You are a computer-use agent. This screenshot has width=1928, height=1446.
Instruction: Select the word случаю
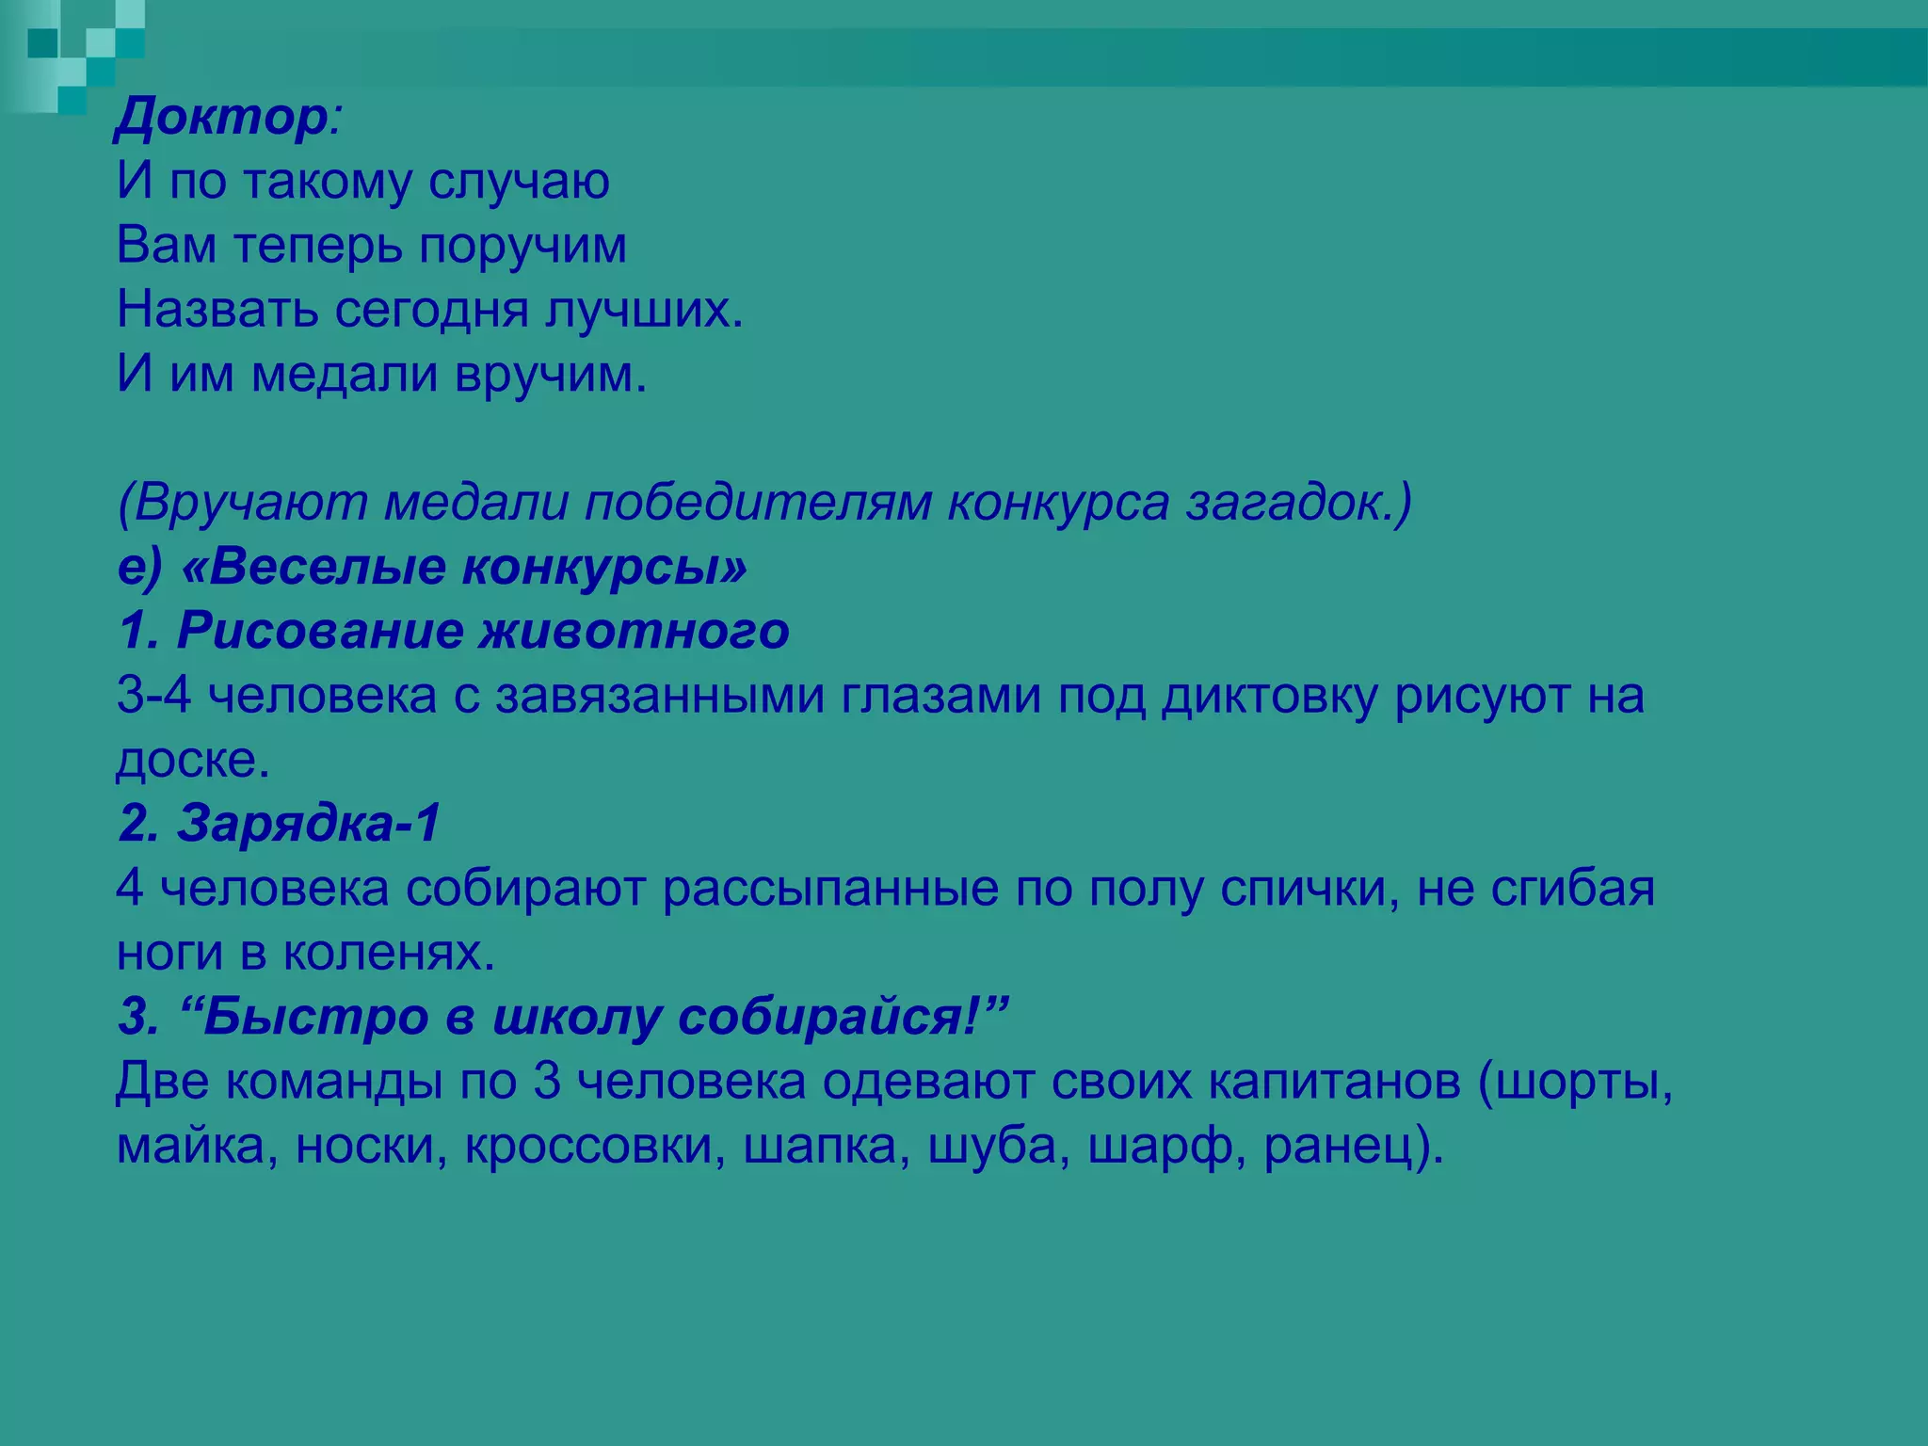(x=519, y=182)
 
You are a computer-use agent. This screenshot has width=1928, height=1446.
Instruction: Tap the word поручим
(x=522, y=247)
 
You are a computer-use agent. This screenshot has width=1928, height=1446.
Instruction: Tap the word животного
(x=635, y=631)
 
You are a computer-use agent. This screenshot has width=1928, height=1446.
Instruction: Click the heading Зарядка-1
(x=308, y=824)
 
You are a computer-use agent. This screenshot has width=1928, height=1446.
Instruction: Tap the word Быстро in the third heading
(x=316, y=1017)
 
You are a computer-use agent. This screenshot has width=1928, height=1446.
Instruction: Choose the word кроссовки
(x=594, y=1147)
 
